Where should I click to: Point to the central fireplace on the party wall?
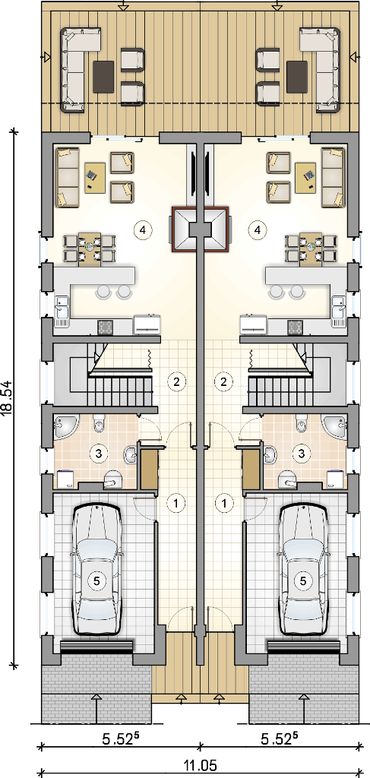click(x=201, y=229)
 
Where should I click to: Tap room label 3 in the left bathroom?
click(x=98, y=453)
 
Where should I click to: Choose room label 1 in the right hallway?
click(x=225, y=502)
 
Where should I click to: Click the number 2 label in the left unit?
click(x=176, y=381)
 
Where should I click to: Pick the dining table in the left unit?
click(x=90, y=249)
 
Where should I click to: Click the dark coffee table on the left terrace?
click(x=103, y=76)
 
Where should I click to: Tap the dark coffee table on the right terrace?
click(x=297, y=76)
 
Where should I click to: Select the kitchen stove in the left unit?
click(x=105, y=326)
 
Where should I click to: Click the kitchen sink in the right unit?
click(x=338, y=311)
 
